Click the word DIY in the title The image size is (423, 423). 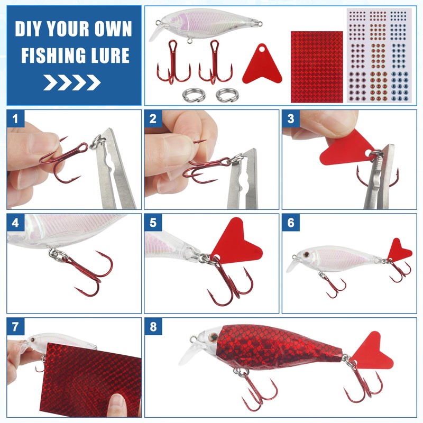pyautogui.click(x=29, y=29)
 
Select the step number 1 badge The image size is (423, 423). pyautogui.click(x=15, y=118)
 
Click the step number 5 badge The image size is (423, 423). pyautogui.click(x=153, y=223)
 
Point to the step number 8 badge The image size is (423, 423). pyautogui.click(x=153, y=327)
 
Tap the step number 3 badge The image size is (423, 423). pyautogui.click(x=291, y=118)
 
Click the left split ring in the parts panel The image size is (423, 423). pyautogui.click(x=194, y=95)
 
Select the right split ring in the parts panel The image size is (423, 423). pyautogui.click(x=227, y=95)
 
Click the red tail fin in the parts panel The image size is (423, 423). pyautogui.click(x=262, y=65)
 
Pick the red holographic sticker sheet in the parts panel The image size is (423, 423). pyautogui.click(x=317, y=67)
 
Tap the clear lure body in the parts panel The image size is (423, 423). pyautogui.click(x=206, y=25)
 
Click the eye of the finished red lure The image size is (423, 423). pyautogui.click(x=215, y=337)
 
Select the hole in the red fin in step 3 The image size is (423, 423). pyautogui.click(x=369, y=153)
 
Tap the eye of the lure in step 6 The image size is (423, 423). pyautogui.click(x=306, y=254)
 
